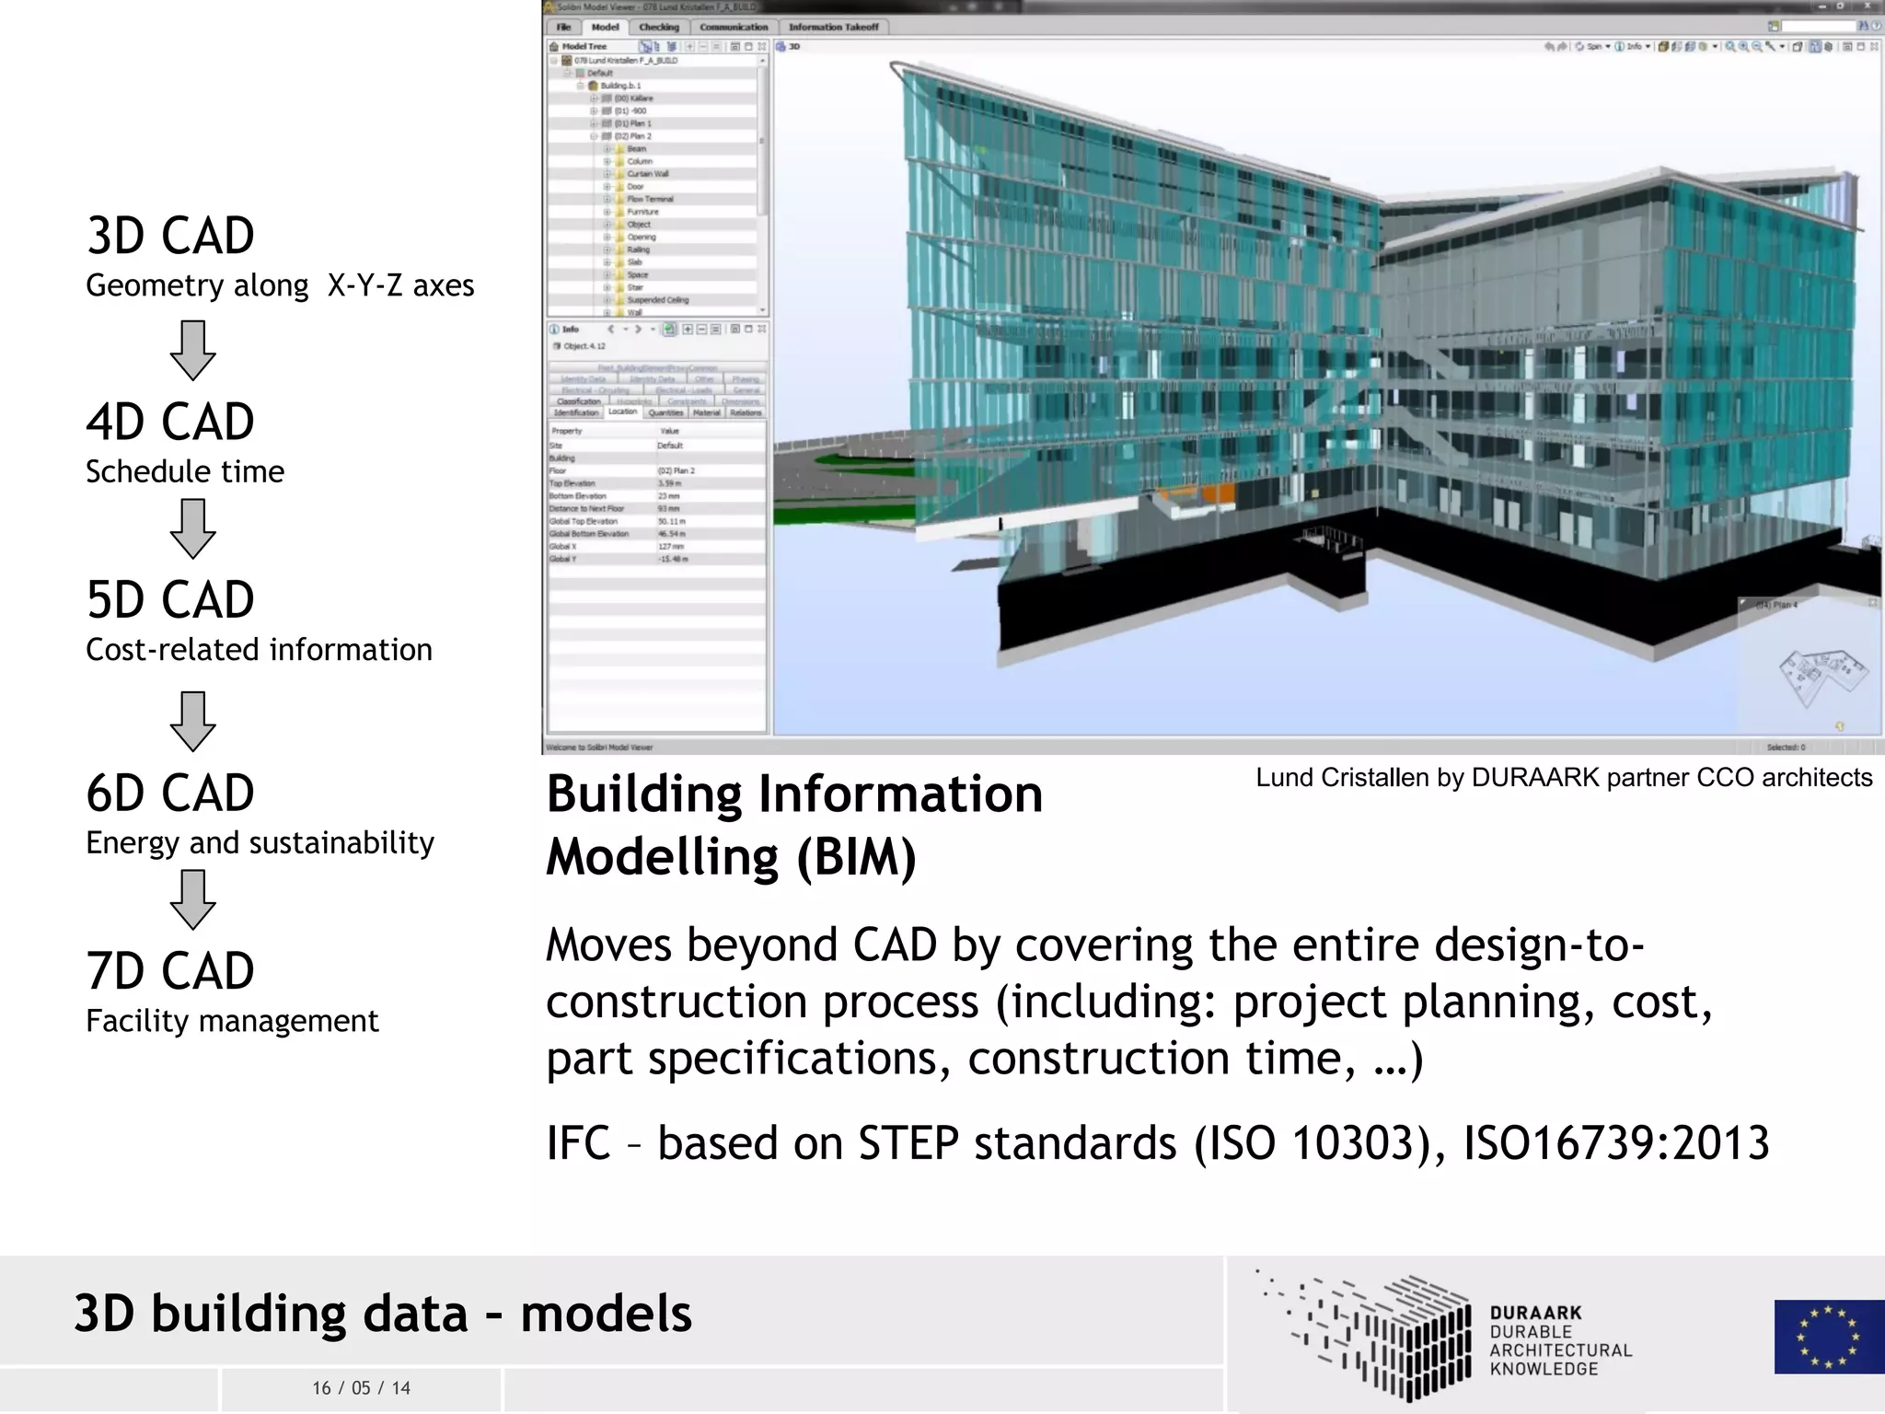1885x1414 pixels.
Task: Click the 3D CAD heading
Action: coord(170,236)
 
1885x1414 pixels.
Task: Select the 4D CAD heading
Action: coord(170,423)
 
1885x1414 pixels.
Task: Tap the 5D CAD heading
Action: coord(170,600)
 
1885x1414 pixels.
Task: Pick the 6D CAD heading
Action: coord(170,793)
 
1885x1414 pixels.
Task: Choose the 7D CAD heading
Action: coord(170,971)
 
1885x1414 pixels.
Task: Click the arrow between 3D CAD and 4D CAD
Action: coord(192,350)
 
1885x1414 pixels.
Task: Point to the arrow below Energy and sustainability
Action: coord(192,899)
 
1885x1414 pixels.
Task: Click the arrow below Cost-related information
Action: coord(192,721)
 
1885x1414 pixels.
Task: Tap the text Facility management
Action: coord(232,1021)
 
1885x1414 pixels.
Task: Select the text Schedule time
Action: coord(185,471)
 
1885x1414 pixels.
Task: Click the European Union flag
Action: coord(1828,1336)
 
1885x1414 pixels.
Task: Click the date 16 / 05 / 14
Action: coord(361,1388)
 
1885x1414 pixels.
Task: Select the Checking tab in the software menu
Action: coord(659,28)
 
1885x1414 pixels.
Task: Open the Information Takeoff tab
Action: coord(833,28)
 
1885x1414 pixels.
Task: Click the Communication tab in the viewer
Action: coord(734,28)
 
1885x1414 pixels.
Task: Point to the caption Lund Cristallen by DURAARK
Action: coord(1563,778)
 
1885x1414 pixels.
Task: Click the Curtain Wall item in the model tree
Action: coord(648,174)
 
